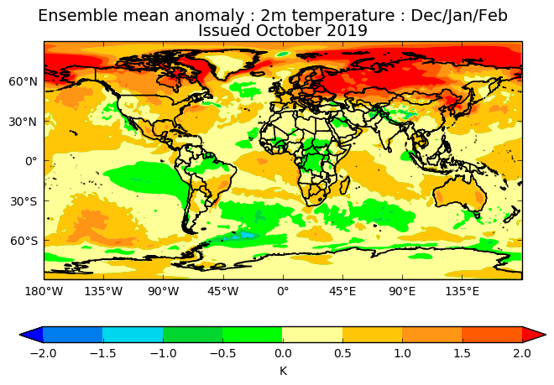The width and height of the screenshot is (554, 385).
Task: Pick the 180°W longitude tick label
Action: tap(44, 292)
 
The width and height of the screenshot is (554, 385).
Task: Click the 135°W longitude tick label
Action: tap(103, 292)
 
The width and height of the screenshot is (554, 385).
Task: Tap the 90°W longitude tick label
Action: tap(164, 292)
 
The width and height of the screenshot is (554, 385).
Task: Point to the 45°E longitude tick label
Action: tap(342, 292)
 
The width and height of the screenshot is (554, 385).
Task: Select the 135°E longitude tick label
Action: tap(462, 292)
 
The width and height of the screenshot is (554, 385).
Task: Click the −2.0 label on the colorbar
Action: tap(42, 353)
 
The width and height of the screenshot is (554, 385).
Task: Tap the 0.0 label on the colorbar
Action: tap(283, 353)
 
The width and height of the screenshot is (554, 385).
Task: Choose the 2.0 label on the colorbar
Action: tap(522, 353)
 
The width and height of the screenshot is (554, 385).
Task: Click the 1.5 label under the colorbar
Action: tap(463, 353)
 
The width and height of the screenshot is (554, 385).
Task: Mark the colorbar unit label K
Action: tap(283, 370)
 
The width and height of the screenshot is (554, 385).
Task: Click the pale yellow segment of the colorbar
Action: tap(312, 335)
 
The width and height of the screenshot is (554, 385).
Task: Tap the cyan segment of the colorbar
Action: tap(133, 335)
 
